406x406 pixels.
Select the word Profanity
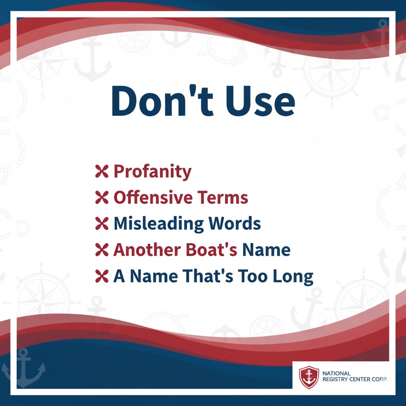click(152, 172)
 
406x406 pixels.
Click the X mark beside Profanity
click(102, 172)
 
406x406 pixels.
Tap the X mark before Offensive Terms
click(102, 197)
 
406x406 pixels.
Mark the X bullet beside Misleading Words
click(102, 224)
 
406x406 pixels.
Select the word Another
click(145, 250)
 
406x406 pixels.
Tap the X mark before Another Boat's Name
click(102, 250)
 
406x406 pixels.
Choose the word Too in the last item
click(253, 276)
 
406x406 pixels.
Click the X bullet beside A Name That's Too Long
click(102, 276)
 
